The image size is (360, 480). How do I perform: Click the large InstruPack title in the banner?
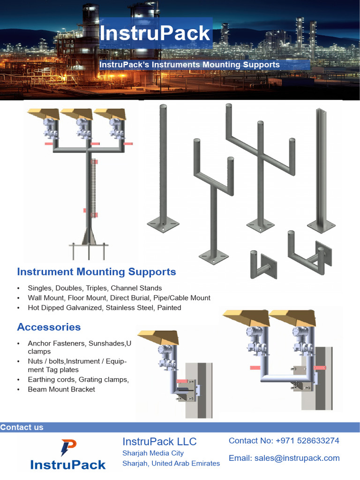pos(155,33)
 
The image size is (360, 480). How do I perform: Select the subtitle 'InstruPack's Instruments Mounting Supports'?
pos(190,65)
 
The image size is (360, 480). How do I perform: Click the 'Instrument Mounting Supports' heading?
pos(97,272)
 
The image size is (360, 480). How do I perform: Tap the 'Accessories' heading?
pos(49,327)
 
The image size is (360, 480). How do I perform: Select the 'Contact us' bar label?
pos(22,427)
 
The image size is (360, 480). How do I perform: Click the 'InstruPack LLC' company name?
pos(159,442)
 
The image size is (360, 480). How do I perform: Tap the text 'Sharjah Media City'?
pos(153,453)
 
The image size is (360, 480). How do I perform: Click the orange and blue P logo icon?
pos(68,448)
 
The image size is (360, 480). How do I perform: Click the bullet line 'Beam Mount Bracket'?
pos(61,389)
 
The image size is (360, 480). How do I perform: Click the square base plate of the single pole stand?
pos(163,225)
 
